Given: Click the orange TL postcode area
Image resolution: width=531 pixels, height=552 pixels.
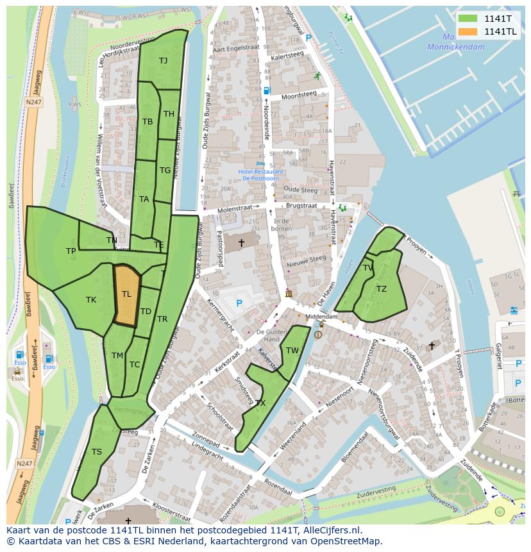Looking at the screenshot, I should tap(126, 296).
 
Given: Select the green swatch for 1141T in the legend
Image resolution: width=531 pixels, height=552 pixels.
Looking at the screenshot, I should tap(468, 18).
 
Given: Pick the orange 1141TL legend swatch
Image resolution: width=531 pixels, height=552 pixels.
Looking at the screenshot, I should tap(468, 31).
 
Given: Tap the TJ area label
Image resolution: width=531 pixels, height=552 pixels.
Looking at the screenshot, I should tap(163, 61).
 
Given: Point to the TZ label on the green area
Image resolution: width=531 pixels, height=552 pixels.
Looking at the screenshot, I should tap(382, 289).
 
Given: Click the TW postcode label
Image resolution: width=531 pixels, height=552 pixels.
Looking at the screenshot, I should tap(292, 350).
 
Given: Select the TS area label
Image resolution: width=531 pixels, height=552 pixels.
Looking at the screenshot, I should tap(96, 452).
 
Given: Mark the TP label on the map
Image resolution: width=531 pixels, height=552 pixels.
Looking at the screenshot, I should tap(71, 251).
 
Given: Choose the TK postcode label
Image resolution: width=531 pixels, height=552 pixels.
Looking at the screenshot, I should tap(91, 299).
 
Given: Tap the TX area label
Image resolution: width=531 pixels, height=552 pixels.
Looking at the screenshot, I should tap(260, 403).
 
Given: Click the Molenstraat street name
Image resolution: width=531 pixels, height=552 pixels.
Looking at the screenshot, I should tap(235, 208).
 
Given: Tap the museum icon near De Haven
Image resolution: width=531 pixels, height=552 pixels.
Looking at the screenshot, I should tap(289, 294).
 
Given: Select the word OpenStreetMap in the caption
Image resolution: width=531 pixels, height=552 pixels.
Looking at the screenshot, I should tap(344, 541).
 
